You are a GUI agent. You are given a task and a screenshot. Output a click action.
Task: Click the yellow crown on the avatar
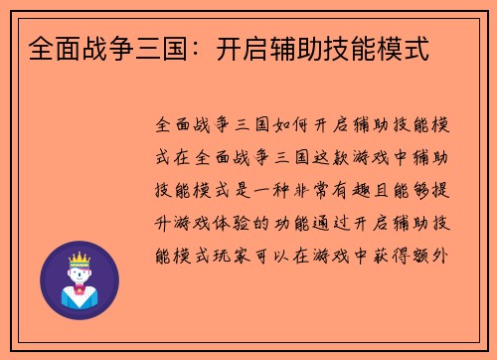[x=79, y=261]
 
